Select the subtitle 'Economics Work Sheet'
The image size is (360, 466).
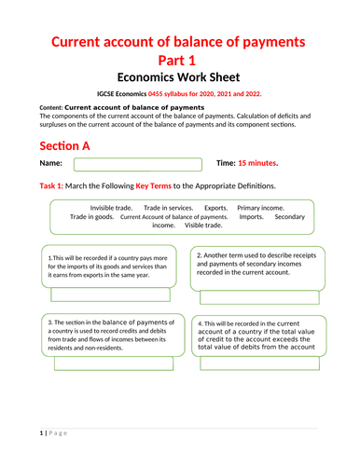pos(179,79)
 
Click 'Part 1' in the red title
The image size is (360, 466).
pos(180,60)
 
